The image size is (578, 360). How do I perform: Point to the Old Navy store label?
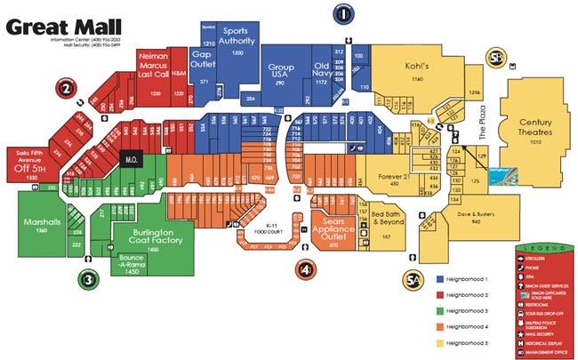coord(320,70)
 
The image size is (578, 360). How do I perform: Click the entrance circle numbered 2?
coord(66,88)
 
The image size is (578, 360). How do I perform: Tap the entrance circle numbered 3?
coord(87,279)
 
